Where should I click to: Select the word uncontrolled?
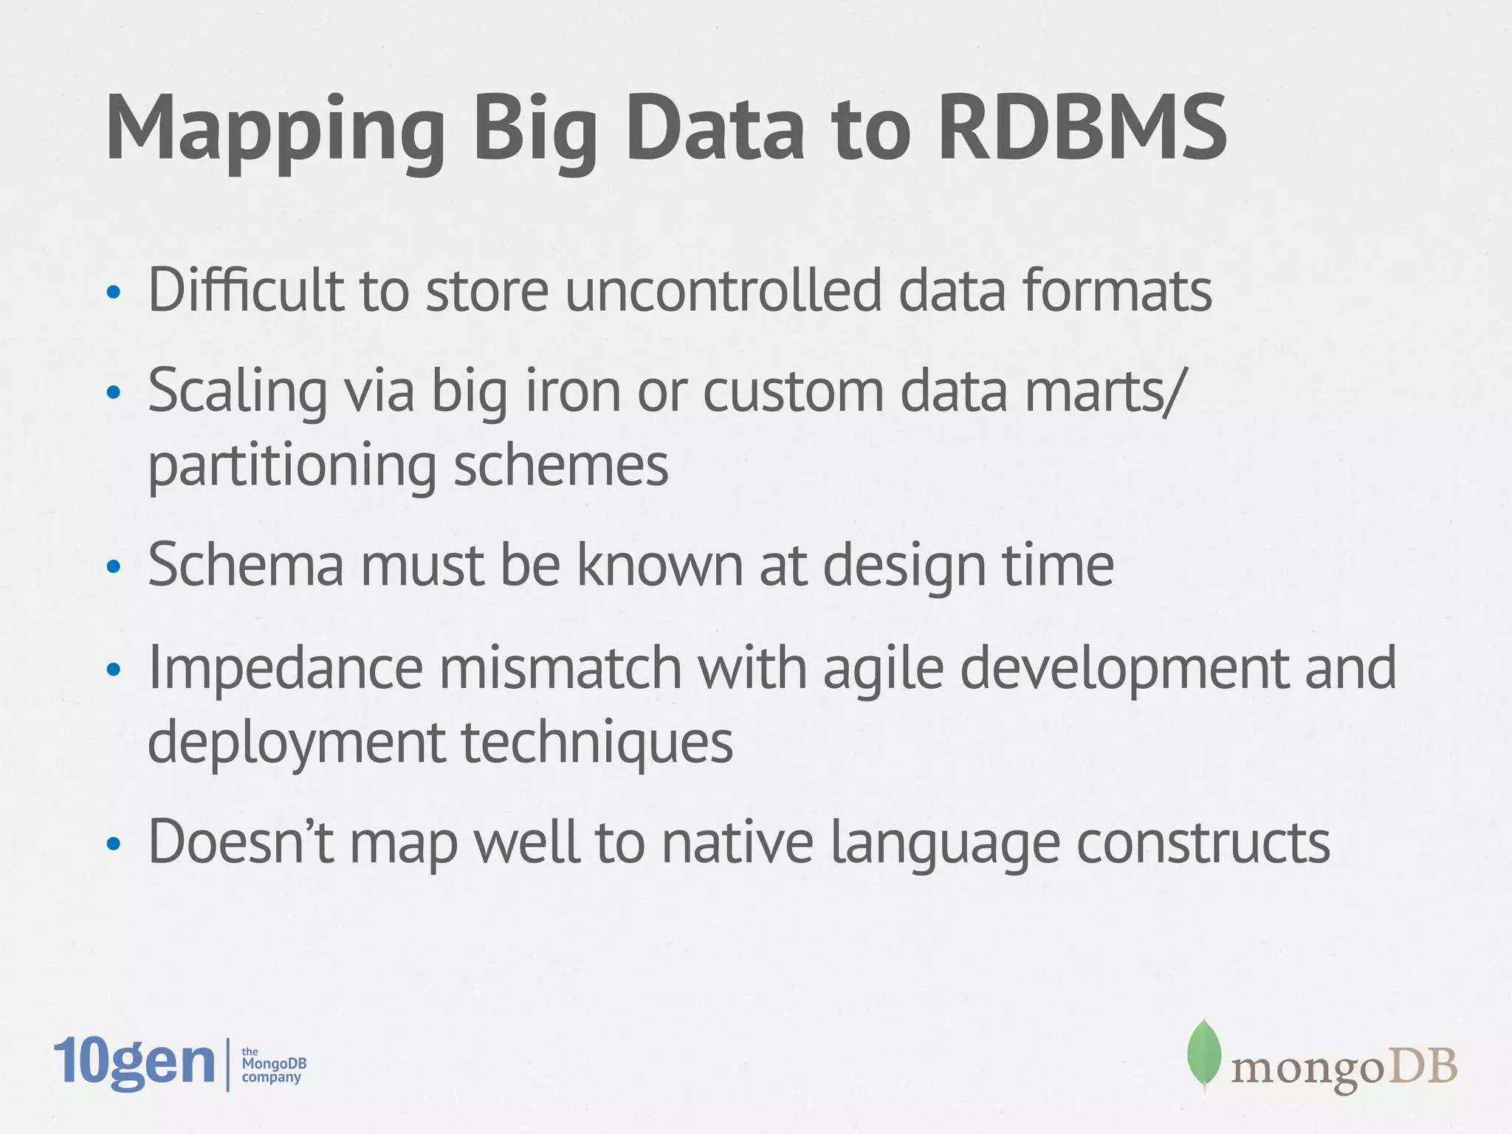724,289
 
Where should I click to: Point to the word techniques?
597,742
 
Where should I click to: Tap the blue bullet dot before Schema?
113,567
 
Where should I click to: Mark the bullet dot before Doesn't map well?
113,843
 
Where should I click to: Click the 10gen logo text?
134,1063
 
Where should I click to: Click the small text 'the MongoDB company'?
273,1065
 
